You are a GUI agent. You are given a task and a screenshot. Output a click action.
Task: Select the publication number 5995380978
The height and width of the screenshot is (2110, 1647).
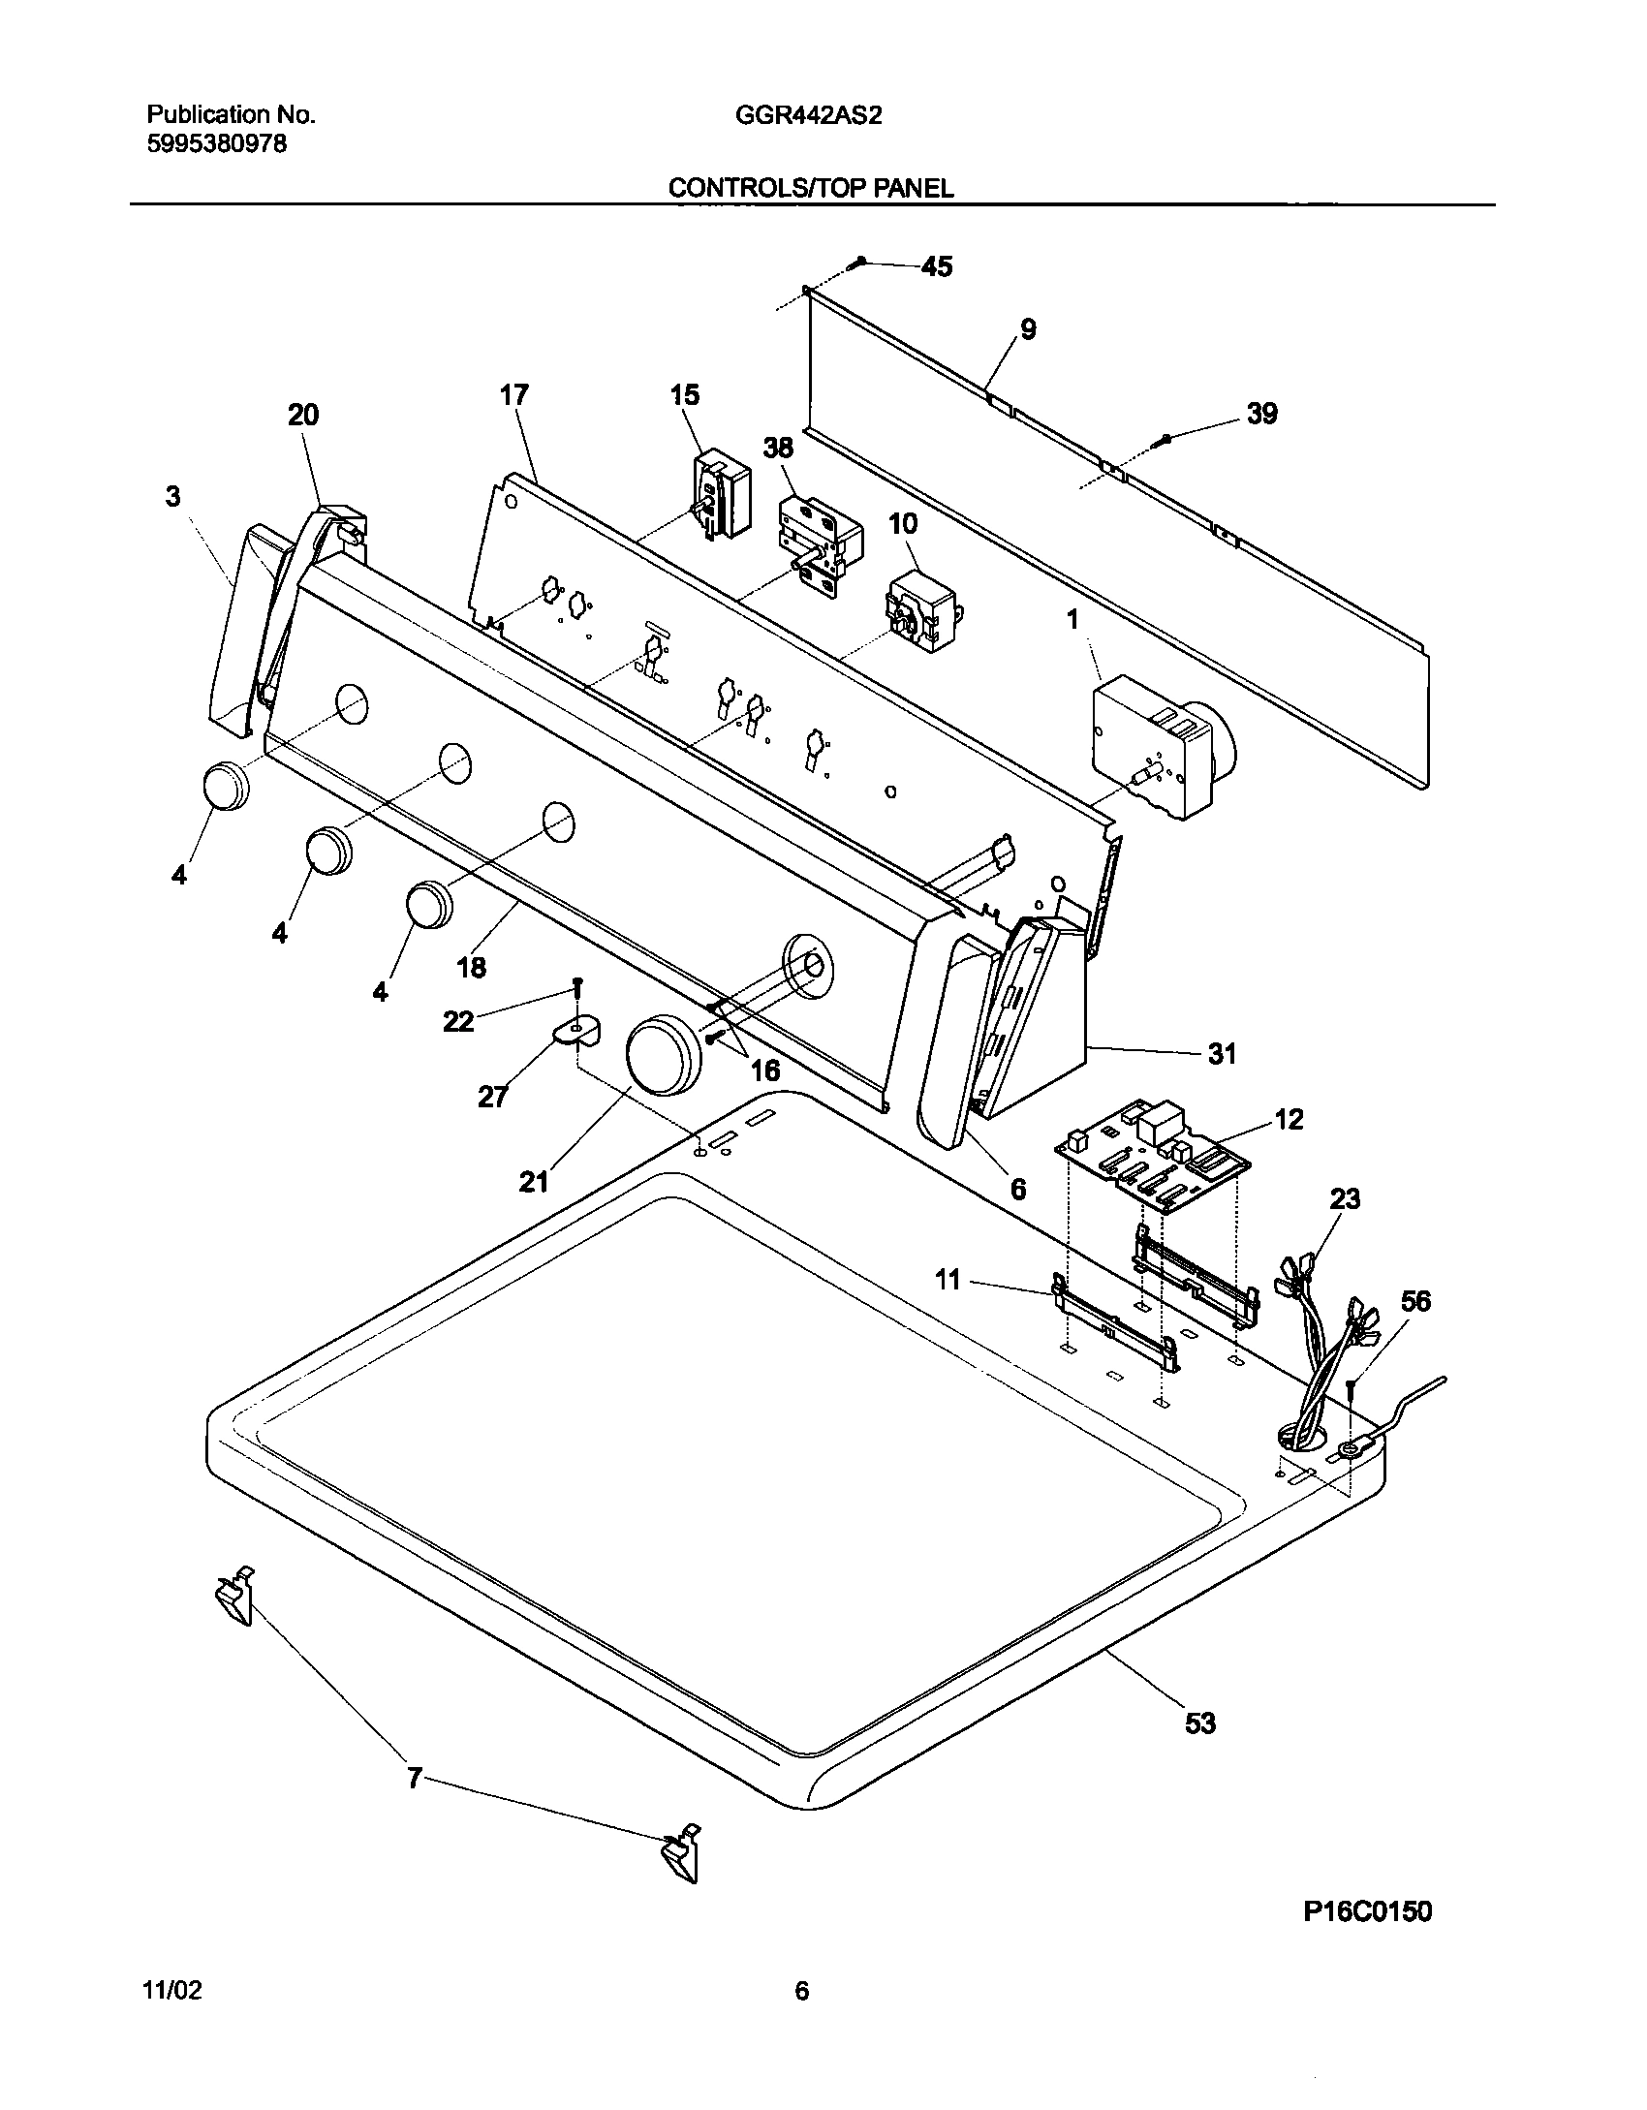[216, 145]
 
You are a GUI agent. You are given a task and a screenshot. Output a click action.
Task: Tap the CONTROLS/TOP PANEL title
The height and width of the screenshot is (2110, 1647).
[810, 189]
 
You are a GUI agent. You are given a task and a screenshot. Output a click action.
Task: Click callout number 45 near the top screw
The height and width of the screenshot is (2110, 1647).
[936, 266]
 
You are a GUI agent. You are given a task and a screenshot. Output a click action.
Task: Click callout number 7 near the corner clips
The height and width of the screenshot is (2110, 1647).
[414, 1779]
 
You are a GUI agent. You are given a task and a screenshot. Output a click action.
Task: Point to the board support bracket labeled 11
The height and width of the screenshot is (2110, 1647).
[1114, 1327]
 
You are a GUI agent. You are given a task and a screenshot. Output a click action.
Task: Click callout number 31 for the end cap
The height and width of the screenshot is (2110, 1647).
[1222, 1053]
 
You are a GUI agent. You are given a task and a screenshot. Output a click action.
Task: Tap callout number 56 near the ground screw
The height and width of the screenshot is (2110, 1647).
[1415, 1301]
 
